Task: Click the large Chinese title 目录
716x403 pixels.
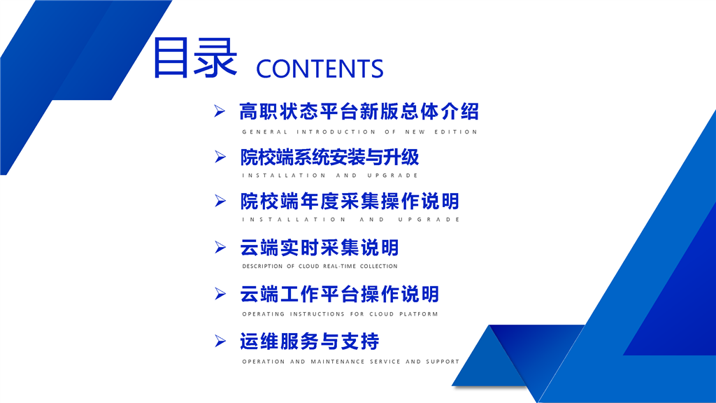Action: [195, 57]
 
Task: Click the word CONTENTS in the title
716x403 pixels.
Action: [320, 69]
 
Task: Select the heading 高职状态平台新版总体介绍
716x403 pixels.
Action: [359, 111]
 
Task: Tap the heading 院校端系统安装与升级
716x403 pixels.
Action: [330, 157]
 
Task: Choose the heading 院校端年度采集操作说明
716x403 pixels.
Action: [350, 201]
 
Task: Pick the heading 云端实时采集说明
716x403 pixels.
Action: [320, 248]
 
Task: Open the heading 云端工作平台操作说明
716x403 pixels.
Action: [340, 295]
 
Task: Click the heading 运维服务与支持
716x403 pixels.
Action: [310, 341]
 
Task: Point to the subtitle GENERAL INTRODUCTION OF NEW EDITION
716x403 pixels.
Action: [360, 132]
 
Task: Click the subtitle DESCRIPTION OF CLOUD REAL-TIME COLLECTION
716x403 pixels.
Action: [320, 266]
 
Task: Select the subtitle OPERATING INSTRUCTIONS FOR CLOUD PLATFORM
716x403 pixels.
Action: [341, 314]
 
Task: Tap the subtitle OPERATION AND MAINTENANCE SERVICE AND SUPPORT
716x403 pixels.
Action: [351, 362]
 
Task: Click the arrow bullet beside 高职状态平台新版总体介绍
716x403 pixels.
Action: [220, 111]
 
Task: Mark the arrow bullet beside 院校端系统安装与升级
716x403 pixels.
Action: [220, 157]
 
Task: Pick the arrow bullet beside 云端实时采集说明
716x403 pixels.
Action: [220, 247]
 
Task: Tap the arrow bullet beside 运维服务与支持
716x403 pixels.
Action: [220, 341]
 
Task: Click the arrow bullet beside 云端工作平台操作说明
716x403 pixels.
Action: [220, 294]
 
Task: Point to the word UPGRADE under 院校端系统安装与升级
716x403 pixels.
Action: [393, 176]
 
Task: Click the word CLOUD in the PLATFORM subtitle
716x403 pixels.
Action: [382, 314]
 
